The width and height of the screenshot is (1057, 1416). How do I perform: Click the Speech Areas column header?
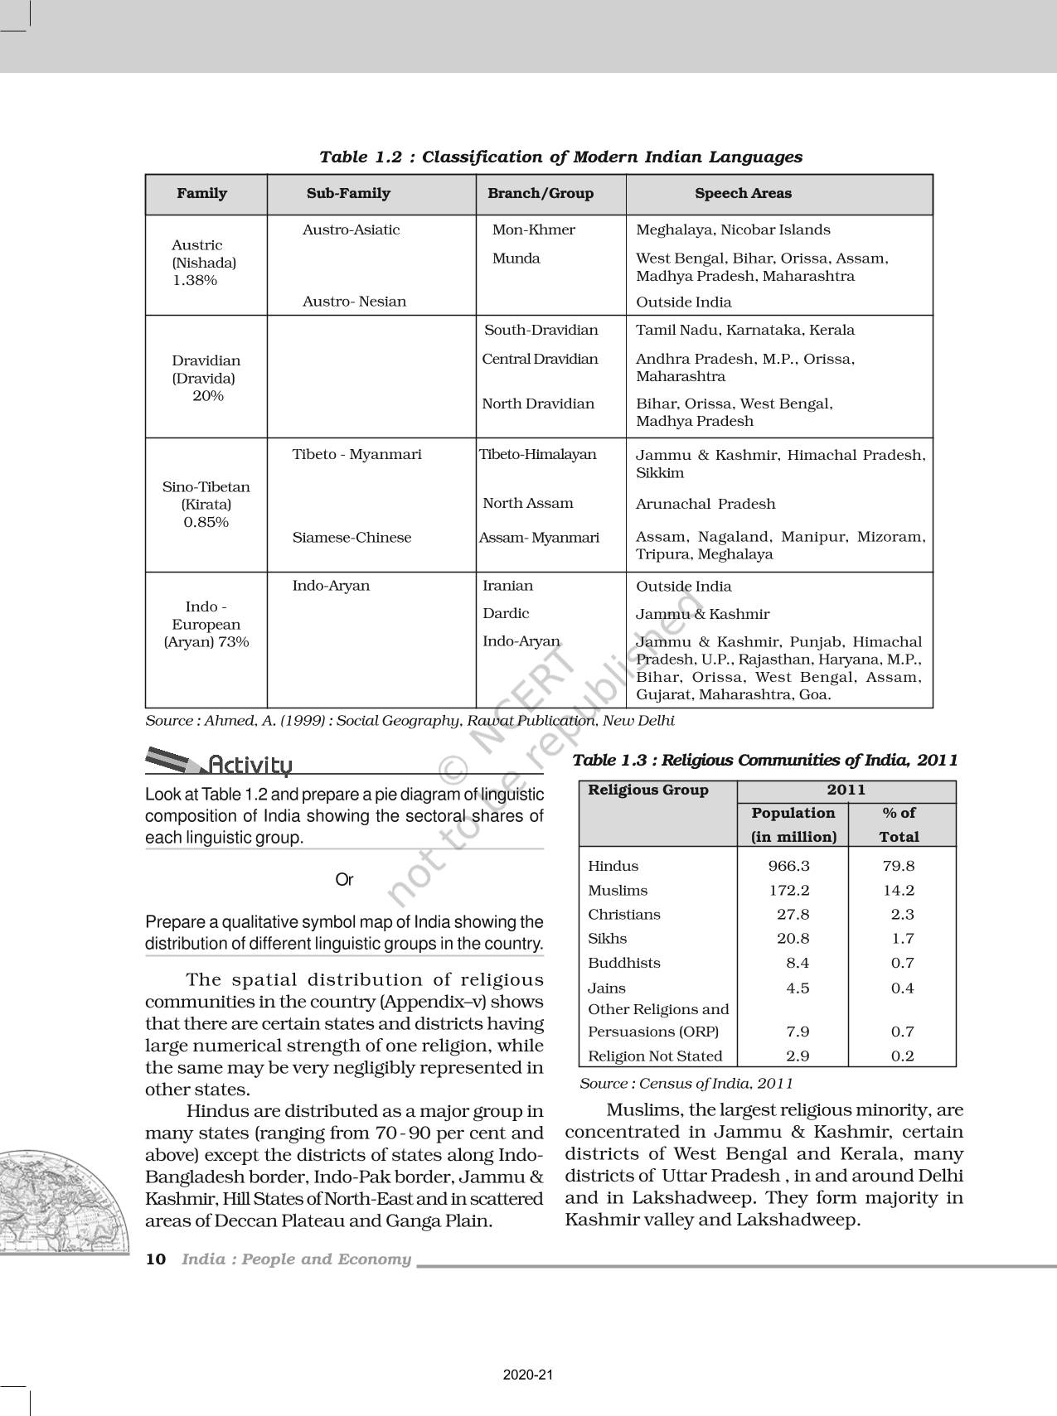click(743, 194)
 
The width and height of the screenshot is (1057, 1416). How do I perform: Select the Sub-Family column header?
click(348, 194)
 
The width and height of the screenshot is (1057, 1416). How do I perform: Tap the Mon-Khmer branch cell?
click(533, 230)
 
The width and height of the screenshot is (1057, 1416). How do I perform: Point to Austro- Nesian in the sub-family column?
click(354, 302)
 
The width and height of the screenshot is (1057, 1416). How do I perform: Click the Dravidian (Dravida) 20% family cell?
click(206, 378)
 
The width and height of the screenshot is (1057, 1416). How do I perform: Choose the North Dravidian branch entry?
click(538, 404)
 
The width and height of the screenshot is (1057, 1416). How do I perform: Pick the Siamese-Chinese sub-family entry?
click(352, 538)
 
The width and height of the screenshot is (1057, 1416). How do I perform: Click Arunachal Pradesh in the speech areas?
click(705, 504)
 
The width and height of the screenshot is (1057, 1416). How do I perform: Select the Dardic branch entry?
click(506, 614)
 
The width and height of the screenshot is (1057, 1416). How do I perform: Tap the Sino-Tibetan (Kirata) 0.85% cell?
click(206, 504)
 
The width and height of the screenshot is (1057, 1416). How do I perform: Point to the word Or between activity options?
click(344, 880)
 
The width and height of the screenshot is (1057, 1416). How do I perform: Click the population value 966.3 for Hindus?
click(788, 866)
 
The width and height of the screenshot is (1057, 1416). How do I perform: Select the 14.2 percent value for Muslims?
click(899, 891)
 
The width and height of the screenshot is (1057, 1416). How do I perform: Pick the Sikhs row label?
click(607, 939)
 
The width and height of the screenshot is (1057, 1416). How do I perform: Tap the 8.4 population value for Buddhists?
click(798, 963)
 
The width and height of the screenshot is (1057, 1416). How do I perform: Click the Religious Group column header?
click(648, 790)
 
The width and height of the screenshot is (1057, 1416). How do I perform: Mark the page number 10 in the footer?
click(155, 1259)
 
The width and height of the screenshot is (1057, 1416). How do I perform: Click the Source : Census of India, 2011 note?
click(686, 1084)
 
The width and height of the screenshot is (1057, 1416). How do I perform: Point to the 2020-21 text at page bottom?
click(527, 1375)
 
